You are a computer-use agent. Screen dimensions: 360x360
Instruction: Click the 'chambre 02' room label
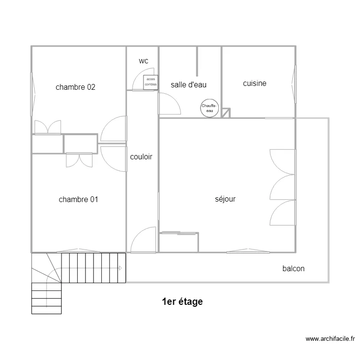point(75,87)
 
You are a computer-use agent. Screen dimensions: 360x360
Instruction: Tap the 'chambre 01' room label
point(78,199)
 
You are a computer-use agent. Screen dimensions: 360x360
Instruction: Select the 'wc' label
point(143,61)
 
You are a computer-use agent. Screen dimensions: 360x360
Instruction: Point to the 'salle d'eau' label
point(189,84)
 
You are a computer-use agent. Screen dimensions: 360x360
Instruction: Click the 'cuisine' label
point(254,84)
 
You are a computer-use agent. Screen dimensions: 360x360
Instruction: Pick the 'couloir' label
point(141,157)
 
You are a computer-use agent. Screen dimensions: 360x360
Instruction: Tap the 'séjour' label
point(225,199)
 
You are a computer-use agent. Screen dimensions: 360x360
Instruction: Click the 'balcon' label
point(293,268)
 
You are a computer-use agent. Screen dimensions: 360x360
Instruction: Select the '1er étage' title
point(182,302)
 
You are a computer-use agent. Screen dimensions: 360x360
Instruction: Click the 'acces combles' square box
point(151,82)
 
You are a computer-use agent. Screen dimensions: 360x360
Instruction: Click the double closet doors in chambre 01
point(79,160)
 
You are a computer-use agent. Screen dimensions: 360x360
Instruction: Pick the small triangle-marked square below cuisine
point(226,113)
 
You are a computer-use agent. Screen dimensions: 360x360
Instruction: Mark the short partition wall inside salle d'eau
point(197,61)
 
